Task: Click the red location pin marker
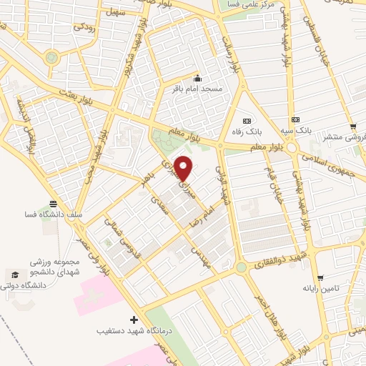184,168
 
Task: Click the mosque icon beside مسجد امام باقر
198,79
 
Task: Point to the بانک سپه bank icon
295,120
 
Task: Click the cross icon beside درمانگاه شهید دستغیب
134,320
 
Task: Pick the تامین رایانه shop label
320,289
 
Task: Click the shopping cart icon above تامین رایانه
320,277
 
